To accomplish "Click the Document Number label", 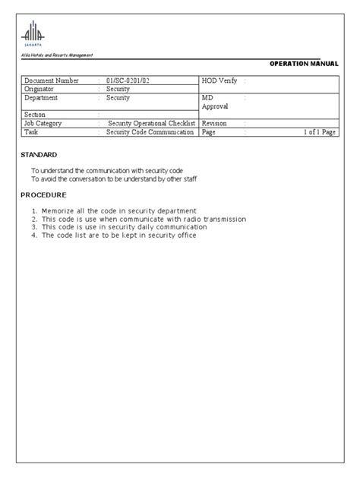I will pyautogui.click(x=51, y=80).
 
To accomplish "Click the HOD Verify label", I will pyautogui.click(x=219, y=80).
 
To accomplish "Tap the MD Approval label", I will pyautogui.click(x=215, y=103).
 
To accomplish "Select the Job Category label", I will pyautogui.click(x=44, y=122).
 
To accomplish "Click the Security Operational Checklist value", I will pyautogui.click(x=152, y=122).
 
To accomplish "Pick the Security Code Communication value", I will pyautogui.click(x=150, y=131).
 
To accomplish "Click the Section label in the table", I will pyautogui.click(x=35, y=114).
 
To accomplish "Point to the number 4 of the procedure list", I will pyautogui.click(x=34, y=235).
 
